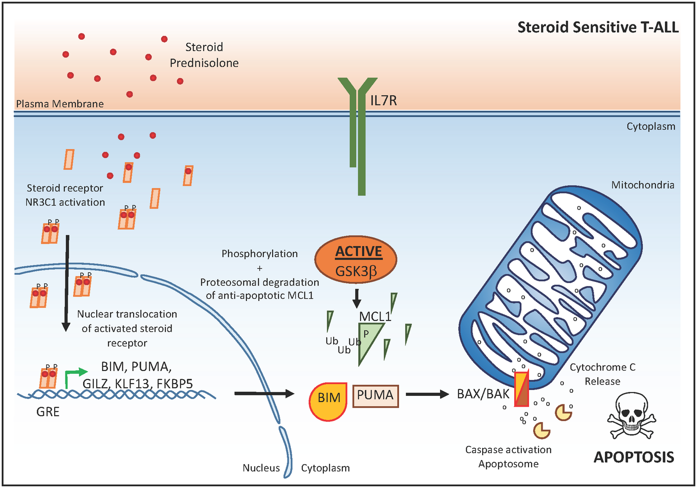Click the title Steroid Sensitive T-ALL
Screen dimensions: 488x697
[598, 27]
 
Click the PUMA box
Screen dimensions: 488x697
[375, 396]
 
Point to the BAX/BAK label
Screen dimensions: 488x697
[483, 394]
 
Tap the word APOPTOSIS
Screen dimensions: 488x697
[633, 457]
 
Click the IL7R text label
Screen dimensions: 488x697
[383, 100]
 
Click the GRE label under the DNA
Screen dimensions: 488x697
[48, 412]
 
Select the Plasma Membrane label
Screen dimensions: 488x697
[60, 104]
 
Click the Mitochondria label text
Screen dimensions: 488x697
[642, 185]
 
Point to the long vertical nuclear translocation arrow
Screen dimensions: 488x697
[67, 283]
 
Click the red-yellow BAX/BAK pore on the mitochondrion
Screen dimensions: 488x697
[521, 389]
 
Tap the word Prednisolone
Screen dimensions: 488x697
[204, 63]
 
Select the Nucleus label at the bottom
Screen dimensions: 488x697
[261, 468]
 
